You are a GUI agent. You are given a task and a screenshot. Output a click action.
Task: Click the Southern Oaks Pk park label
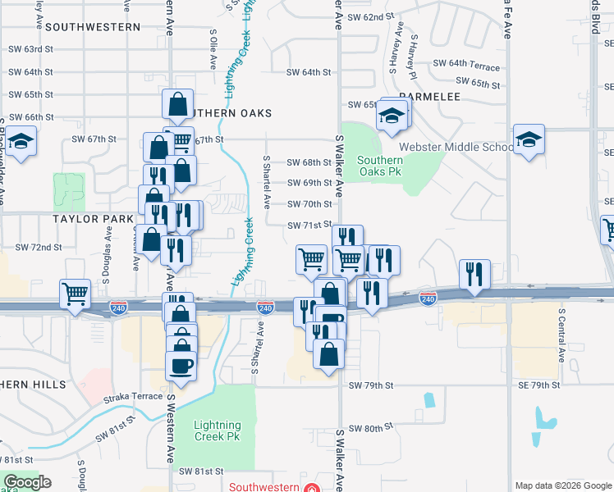click(x=380, y=166)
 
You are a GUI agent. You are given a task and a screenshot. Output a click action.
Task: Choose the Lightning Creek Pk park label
click(x=218, y=430)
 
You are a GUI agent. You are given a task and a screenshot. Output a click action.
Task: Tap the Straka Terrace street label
click(x=133, y=397)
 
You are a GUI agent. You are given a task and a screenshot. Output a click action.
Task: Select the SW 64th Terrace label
click(x=465, y=64)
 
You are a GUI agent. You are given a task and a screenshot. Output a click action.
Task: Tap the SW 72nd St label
click(x=39, y=247)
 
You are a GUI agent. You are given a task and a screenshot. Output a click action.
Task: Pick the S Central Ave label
click(x=562, y=335)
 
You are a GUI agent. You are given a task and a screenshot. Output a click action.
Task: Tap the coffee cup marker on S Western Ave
click(x=181, y=364)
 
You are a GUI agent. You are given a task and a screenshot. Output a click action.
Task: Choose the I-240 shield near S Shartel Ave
click(x=265, y=307)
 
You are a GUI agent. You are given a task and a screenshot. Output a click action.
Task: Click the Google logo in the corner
click(x=28, y=482)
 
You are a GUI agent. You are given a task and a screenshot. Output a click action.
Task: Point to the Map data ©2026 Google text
click(x=563, y=485)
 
